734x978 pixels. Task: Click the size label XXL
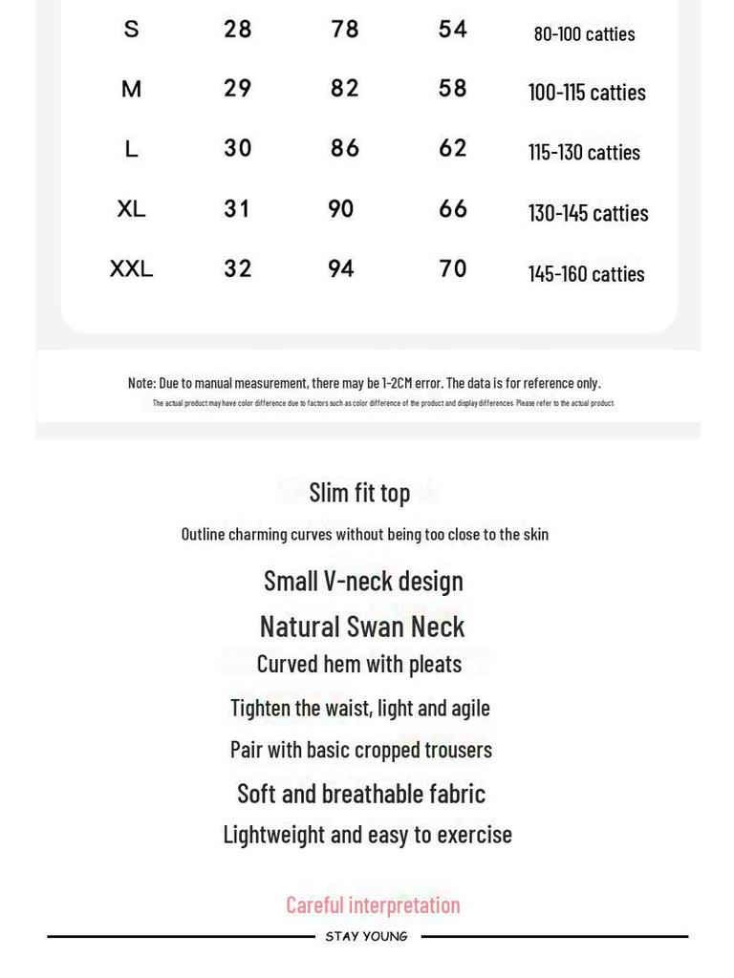(131, 269)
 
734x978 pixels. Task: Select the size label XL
(131, 209)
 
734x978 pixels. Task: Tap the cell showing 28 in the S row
(238, 30)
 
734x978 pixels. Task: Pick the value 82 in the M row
(345, 89)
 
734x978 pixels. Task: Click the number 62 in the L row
(453, 149)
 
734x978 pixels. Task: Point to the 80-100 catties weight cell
(584, 34)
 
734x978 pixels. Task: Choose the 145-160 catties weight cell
(586, 274)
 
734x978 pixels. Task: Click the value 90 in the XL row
(341, 209)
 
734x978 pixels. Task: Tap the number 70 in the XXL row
(453, 269)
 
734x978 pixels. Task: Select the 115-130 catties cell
(584, 152)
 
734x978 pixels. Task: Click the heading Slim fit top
(359, 493)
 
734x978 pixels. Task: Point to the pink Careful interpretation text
(373, 904)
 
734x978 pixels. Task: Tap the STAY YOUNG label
(367, 937)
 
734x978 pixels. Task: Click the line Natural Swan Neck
(362, 627)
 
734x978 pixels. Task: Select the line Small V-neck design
(363, 581)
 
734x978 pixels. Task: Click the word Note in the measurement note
(140, 383)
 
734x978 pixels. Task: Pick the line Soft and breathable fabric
(361, 794)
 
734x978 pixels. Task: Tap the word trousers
(457, 750)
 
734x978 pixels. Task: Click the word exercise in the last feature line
(474, 835)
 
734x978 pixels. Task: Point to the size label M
(131, 90)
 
